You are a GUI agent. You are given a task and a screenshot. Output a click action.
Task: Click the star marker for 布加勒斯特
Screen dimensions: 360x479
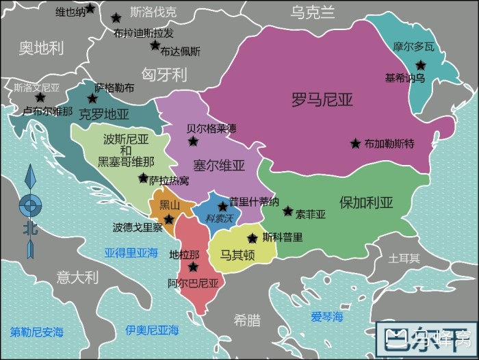click(x=355, y=144)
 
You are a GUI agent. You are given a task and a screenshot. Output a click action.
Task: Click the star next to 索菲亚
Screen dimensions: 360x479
click(x=287, y=211)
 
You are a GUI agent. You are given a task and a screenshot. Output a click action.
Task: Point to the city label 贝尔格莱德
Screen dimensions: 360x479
click(x=211, y=128)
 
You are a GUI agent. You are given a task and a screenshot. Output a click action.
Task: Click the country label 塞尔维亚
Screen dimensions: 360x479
click(x=219, y=165)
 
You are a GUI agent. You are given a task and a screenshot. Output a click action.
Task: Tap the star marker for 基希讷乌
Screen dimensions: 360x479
click(x=420, y=65)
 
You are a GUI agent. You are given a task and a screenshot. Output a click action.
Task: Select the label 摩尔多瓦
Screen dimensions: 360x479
click(x=413, y=47)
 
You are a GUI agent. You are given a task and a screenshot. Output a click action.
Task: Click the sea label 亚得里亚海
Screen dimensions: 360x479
click(x=131, y=252)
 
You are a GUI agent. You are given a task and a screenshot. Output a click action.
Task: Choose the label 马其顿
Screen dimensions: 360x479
click(x=237, y=255)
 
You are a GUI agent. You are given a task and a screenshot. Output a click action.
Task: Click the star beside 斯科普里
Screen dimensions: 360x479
click(x=253, y=238)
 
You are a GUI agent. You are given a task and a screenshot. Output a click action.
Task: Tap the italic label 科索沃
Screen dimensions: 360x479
click(x=220, y=218)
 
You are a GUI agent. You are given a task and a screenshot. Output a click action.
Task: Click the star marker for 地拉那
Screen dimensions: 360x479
click(x=193, y=267)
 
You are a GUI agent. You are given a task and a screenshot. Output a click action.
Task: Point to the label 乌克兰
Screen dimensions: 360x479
click(x=313, y=12)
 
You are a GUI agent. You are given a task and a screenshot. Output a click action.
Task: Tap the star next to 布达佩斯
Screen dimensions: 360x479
click(x=155, y=46)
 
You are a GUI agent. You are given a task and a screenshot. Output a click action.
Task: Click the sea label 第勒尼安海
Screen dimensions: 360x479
click(x=36, y=332)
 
